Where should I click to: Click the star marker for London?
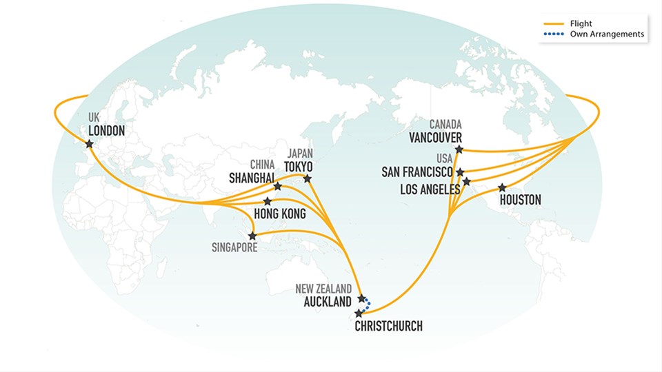(89, 144)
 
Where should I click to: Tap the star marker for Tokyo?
(308, 179)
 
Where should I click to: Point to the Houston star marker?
(502, 187)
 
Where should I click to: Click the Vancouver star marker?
(459, 149)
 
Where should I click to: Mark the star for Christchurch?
(358, 313)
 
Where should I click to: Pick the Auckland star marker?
(362, 299)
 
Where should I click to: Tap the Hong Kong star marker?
(268, 201)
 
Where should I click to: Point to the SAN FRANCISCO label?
(417, 172)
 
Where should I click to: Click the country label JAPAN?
(300, 154)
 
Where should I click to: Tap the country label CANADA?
(445, 125)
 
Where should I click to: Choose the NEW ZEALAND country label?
(324, 289)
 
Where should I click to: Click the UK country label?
(94, 118)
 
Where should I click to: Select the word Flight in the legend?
(581, 23)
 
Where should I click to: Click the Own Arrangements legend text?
(607, 34)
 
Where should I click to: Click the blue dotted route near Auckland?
(368, 305)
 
